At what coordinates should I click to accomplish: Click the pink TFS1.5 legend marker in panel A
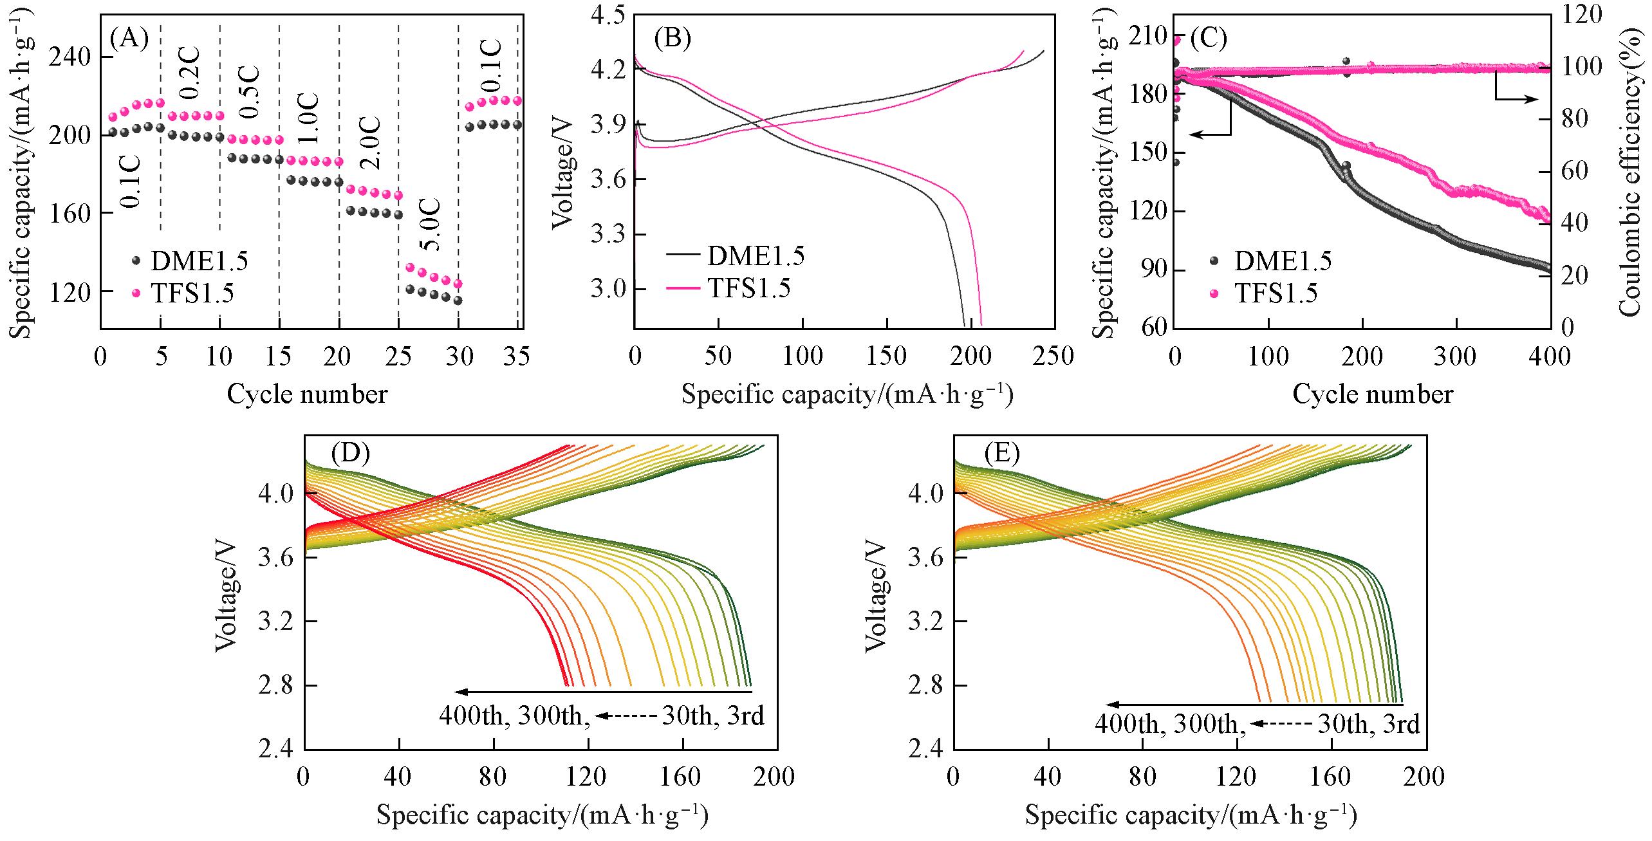136,293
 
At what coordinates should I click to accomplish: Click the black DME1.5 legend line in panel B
683,254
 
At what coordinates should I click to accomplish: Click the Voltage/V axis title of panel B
563,174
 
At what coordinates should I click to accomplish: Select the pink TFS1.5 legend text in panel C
1276,293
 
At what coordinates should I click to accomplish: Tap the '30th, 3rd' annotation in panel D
713,716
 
